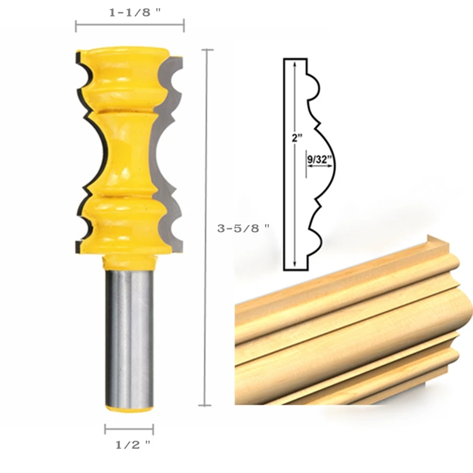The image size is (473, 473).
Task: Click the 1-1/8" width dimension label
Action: pos(134,12)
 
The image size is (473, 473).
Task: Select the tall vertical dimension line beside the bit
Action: pos(206,228)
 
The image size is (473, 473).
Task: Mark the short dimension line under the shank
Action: pos(129,429)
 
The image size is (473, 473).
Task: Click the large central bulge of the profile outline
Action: pos(331,163)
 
